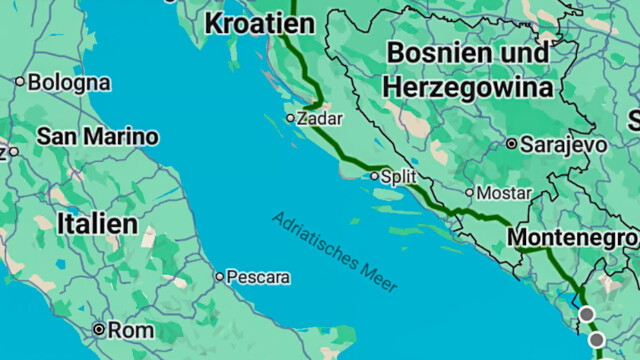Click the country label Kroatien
259,24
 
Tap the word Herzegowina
467,87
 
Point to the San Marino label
97,136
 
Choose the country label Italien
97,223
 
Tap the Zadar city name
320,118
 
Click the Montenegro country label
571,237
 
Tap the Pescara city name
258,276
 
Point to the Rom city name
130,329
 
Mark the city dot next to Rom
98,329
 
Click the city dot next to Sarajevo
512,144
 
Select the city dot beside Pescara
220,276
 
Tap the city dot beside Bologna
19,82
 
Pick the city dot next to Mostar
470,192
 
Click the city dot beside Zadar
290,118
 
